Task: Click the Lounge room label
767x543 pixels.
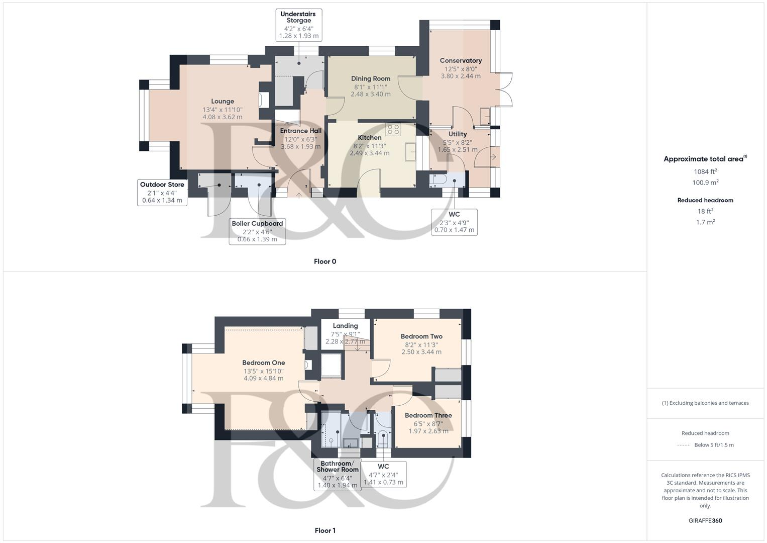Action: pyautogui.click(x=222, y=101)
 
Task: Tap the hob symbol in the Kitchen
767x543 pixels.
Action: pyautogui.click(x=393, y=130)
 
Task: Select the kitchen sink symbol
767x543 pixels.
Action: pyautogui.click(x=410, y=151)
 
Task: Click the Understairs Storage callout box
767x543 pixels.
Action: pyautogui.click(x=299, y=25)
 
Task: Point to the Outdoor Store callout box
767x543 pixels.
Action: pyautogui.click(x=162, y=193)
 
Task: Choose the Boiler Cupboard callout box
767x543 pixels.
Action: pyautogui.click(x=257, y=231)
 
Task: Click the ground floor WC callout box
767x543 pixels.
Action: pyautogui.click(x=454, y=222)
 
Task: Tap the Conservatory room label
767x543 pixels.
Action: pyautogui.click(x=461, y=61)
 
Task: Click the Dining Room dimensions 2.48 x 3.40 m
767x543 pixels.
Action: pyautogui.click(x=371, y=94)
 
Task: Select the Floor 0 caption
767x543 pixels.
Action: pyautogui.click(x=325, y=261)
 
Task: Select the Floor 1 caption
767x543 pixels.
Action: pyautogui.click(x=325, y=530)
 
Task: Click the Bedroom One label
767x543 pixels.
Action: pyautogui.click(x=263, y=363)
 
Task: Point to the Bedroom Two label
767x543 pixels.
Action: pyautogui.click(x=421, y=336)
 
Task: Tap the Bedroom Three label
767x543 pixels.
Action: pyautogui.click(x=428, y=415)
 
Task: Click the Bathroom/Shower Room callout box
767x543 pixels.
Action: pyautogui.click(x=338, y=474)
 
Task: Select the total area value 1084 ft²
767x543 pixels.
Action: pyautogui.click(x=705, y=171)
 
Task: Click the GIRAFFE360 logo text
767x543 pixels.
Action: pyautogui.click(x=705, y=520)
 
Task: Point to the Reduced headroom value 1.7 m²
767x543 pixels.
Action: pyautogui.click(x=705, y=222)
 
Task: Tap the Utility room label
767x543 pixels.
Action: pyautogui.click(x=457, y=134)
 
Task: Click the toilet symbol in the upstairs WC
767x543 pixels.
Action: pyautogui.click(x=383, y=438)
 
